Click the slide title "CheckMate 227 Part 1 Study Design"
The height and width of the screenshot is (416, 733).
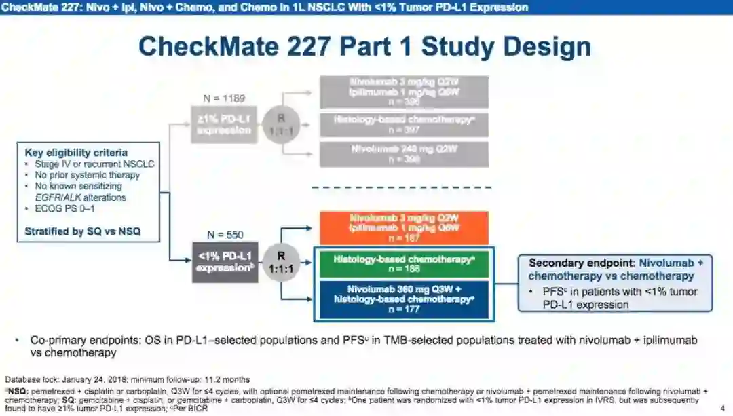tap(364, 48)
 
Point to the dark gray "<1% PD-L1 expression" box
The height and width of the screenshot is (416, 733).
tap(224, 262)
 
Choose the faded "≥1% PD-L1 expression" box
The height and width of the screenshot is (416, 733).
tap(224, 125)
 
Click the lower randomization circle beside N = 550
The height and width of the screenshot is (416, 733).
tap(280, 262)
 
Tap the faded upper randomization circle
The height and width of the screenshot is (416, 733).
tap(280, 124)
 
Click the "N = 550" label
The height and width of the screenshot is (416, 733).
tap(225, 235)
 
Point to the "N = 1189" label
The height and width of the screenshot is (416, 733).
tap(225, 98)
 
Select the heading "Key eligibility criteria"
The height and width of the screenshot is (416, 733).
tap(76, 153)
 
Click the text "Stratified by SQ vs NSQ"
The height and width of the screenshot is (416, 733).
tap(82, 231)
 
